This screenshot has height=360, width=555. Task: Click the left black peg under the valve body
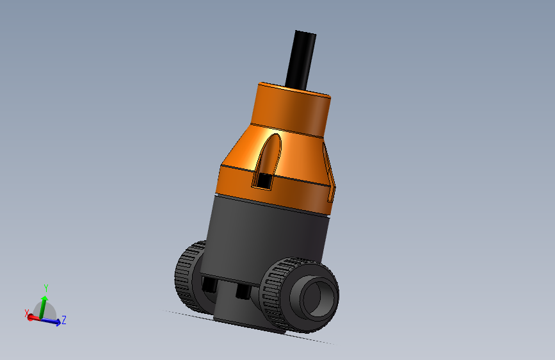point(209,284)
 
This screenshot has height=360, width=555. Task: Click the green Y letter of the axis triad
point(46,288)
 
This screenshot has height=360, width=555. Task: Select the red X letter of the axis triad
point(27,313)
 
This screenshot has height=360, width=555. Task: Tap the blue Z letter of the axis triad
point(65,320)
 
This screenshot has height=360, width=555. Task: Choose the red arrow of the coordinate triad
point(32,318)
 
